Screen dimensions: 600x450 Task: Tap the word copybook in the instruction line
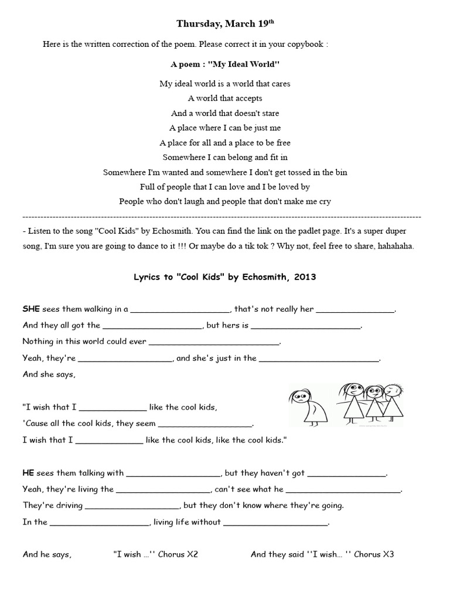(305, 45)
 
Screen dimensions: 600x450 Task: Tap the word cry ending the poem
(324, 202)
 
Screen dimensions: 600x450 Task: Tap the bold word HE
(29, 473)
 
